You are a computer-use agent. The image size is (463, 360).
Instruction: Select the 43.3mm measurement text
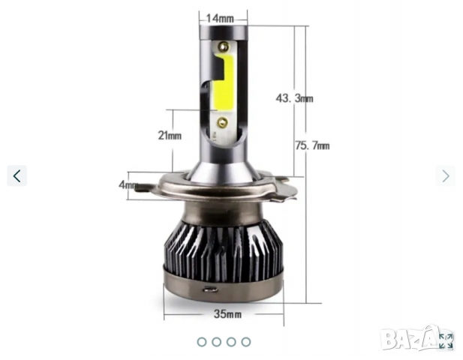click(x=294, y=98)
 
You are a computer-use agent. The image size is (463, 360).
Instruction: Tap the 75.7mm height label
click(x=312, y=145)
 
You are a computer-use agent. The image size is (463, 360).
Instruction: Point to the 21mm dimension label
click(x=170, y=136)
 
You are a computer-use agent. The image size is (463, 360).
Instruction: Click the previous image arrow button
click(x=17, y=176)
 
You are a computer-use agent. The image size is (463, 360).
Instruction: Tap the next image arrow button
click(x=446, y=176)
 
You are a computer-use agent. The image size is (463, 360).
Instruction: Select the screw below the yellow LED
click(x=222, y=121)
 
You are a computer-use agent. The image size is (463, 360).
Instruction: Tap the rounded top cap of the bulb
click(x=224, y=31)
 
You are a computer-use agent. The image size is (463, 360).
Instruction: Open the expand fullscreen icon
click(x=446, y=341)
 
